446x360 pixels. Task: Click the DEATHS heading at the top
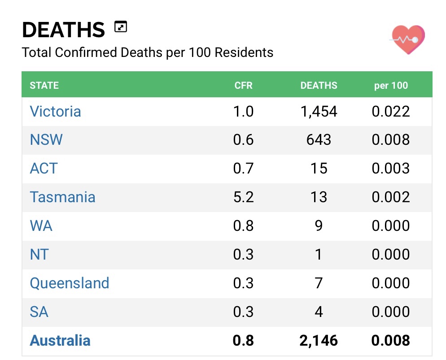click(x=63, y=30)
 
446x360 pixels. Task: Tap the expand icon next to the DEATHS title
click(x=121, y=27)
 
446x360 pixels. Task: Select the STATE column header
click(x=44, y=85)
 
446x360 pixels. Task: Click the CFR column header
click(x=243, y=85)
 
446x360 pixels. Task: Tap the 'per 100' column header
click(x=391, y=85)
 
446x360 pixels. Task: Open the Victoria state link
click(x=55, y=111)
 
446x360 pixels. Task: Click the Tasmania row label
click(x=62, y=197)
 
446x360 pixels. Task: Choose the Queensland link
click(x=70, y=283)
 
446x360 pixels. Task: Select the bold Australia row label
click(x=60, y=341)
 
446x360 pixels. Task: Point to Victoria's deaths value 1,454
click(x=319, y=111)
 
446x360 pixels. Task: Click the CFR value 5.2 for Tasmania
click(x=243, y=197)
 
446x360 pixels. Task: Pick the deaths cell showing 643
click(x=319, y=140)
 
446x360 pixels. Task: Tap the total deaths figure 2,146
click(x=319, y=341)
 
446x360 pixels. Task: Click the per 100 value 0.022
click(x=391, y=111)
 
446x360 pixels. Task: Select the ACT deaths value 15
click(x=319, y=169)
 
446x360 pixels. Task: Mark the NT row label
click(x=39, y=255)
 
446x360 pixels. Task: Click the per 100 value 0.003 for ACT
click(x=391, y=169)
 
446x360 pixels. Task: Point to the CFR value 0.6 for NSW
click(x=243, y=140)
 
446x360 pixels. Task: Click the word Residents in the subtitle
click(x=244, y=52)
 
